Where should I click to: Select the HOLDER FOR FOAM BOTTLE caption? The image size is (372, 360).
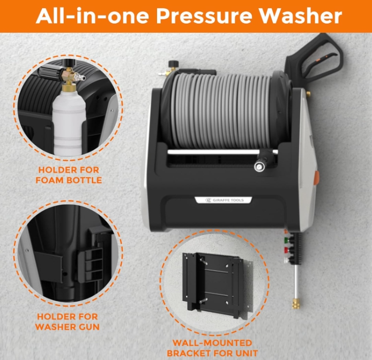coord(69,175)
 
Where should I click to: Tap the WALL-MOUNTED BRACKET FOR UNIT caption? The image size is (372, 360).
coord(212,348)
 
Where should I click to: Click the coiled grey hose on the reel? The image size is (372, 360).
coord(220,110)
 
